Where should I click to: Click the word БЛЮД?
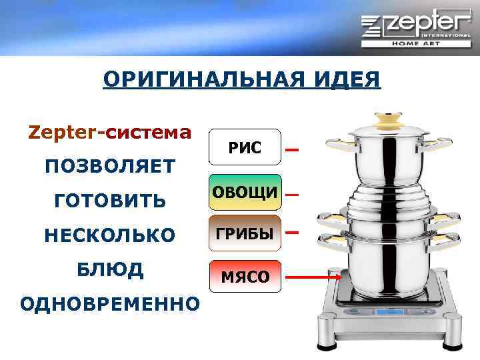pos(110,269)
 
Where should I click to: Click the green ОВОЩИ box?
pos(245,192)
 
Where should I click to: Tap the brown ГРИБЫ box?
pos(245,233)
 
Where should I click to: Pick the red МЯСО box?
pos(245,276)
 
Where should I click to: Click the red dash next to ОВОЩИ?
pos(291,195)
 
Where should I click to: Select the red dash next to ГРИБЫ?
pos(291,233)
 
